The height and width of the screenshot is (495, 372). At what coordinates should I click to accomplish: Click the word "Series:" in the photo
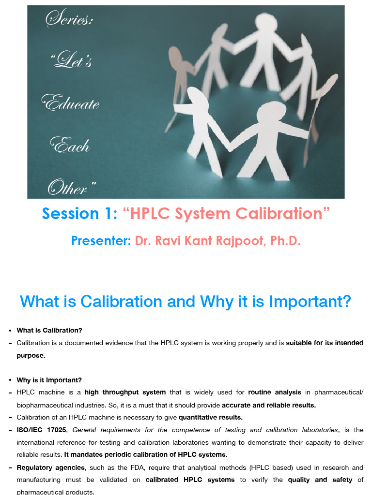[x=69, y=20]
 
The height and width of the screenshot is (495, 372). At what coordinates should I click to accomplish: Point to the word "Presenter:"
[x=101, y=241]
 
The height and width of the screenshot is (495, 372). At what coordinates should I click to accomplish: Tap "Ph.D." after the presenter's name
[x=286, y=241]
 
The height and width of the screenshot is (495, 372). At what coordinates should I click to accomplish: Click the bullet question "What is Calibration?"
[x=49, y=331]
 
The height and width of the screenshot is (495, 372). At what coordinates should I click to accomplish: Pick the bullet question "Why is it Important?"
[x=49, y=380]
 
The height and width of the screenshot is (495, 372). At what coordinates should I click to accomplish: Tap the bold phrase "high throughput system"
[x=125, y=393]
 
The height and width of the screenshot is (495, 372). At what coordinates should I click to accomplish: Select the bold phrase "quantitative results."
[x=211, y=417]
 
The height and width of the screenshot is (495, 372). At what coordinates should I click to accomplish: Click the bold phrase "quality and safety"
[x=320, y=480]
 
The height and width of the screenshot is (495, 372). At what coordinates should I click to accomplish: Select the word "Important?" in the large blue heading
[x=310, y=302]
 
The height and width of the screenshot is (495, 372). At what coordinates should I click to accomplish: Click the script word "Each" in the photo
[x=71, y=145]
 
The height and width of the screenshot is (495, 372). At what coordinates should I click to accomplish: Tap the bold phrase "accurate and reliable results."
[x=269, y=405]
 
